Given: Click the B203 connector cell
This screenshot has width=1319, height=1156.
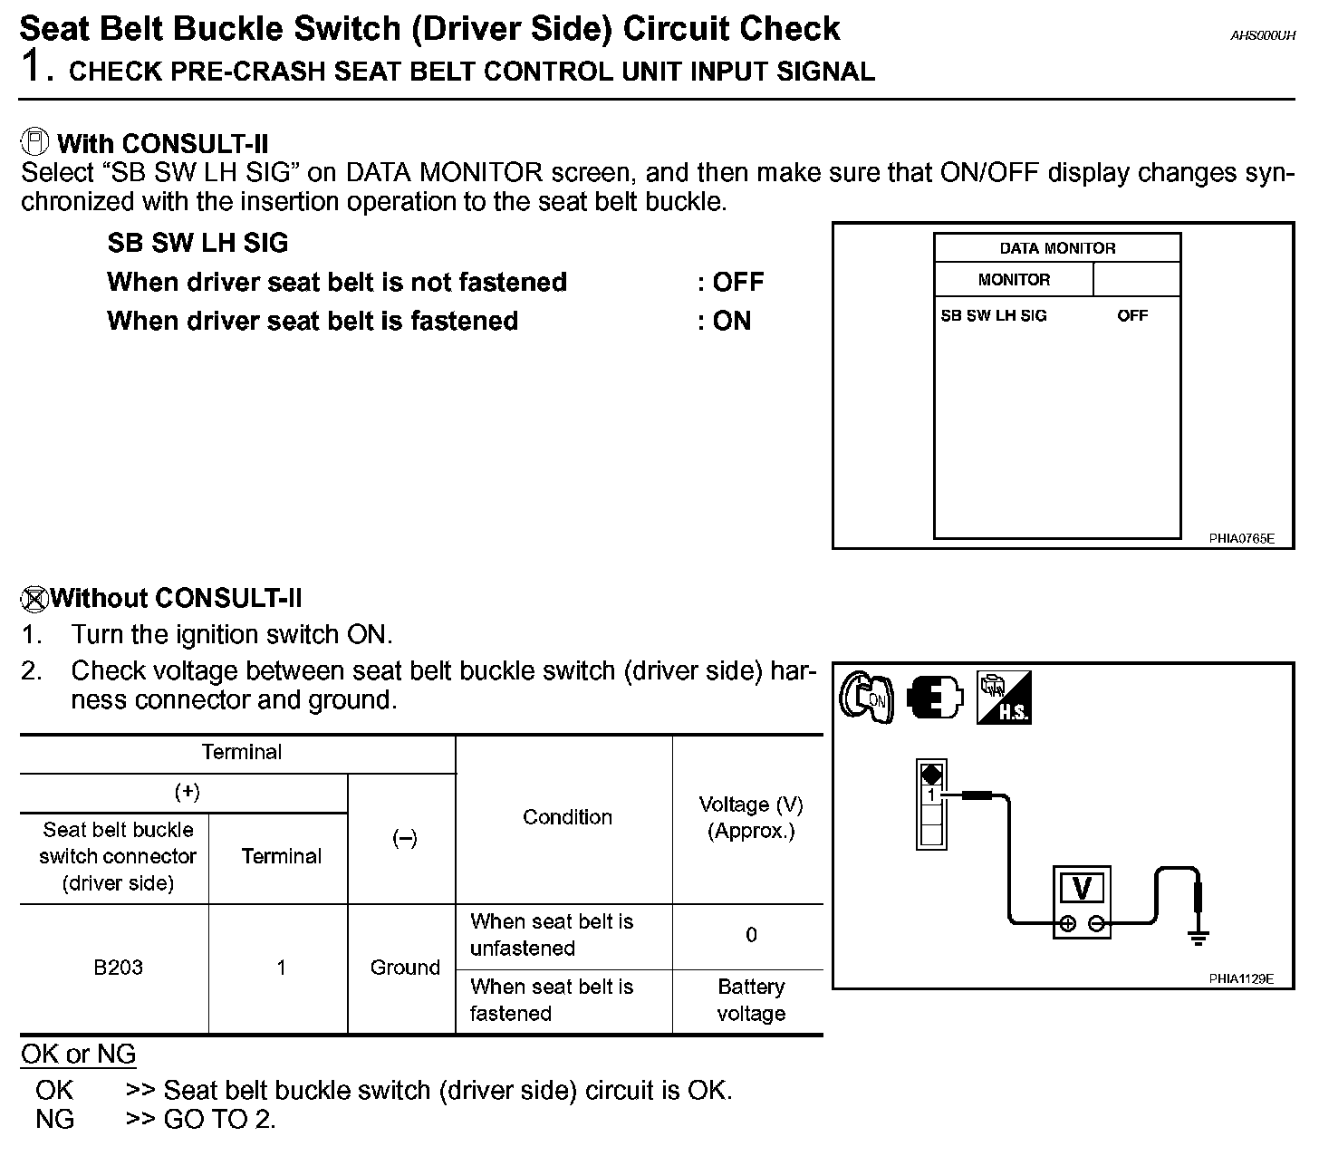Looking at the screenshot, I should (118, 968).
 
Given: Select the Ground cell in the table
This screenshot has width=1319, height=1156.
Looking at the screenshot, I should (404, 968).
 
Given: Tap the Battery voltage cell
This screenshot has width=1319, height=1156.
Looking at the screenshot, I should (750, 1000).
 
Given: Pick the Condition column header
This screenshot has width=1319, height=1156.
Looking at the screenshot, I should (567, 817).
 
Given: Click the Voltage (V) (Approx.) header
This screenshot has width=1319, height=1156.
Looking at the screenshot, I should (750, 817).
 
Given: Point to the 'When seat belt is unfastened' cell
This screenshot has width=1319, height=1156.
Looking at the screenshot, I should (552, 935).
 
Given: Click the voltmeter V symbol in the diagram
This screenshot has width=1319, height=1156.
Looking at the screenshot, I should (1082, 889).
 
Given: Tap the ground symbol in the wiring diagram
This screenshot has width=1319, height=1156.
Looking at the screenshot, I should (1199, 937).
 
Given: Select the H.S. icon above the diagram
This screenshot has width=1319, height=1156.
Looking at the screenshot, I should (1004, 698).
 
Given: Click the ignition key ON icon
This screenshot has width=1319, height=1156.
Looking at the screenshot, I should (866, 698).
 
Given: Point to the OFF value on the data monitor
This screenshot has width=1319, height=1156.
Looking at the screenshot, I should (1131, 315).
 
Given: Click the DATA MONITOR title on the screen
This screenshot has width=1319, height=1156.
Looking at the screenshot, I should (1057, 248).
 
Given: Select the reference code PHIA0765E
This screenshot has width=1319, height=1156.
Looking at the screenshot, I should (1241, 538).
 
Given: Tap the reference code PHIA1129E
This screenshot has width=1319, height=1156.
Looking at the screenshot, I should (1241, 978).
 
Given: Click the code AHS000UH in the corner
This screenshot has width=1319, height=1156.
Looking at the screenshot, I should (1263, 36).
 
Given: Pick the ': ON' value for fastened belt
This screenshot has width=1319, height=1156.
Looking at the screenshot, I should (725, 321).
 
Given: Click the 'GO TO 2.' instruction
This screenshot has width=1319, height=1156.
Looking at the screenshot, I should (219, 1119).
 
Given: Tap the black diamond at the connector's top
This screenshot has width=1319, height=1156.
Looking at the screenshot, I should (931, 775).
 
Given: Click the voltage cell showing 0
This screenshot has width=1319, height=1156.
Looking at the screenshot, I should (750, 935).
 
